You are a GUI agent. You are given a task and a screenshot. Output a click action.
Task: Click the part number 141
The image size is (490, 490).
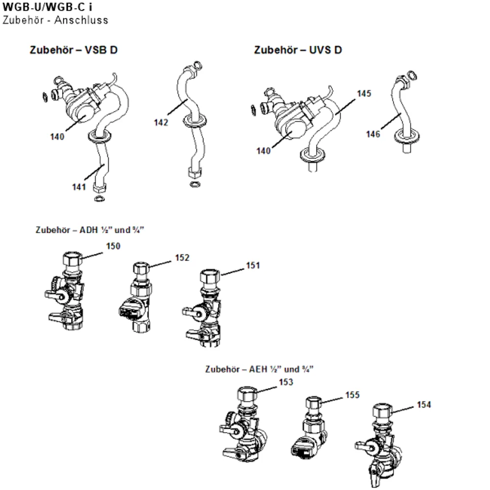pos(79,187)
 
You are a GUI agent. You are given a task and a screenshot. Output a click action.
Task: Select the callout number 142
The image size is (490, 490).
pos(161,122)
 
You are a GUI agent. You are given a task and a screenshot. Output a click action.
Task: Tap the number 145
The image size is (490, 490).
pos(364,94)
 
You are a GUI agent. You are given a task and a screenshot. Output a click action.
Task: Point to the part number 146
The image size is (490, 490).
pos(373,134)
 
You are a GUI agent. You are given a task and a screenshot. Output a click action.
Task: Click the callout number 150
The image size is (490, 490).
pos(113,246)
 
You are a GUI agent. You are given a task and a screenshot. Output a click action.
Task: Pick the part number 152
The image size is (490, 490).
pos(182,258)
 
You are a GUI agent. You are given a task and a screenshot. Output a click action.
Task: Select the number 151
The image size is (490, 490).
pos(253,266)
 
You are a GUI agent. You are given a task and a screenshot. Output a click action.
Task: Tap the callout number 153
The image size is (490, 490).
pos(286,382)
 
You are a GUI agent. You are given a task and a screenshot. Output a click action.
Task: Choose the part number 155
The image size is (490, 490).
pos(352,395)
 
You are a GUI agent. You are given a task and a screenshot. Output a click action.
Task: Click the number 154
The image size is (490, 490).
pos(424,405)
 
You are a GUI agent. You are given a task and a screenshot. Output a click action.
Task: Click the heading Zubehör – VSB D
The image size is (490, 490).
pos(74,50)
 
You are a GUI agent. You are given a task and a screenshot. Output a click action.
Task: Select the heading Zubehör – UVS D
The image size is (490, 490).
pos(298,50)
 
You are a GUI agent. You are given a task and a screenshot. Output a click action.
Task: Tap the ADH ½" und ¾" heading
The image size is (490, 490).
pos(90,230)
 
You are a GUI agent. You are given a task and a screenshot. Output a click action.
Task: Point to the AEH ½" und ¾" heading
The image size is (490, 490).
pos(259,369)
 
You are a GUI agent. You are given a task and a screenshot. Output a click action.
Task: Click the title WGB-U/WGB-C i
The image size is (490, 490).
pos(48,7)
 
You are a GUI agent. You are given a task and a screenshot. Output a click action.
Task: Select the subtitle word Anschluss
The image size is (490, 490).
pos(81,20)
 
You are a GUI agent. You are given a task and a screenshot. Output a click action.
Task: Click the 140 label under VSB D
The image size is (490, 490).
pos(57,137)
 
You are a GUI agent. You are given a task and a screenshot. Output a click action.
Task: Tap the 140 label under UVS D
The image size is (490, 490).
pos(264,151)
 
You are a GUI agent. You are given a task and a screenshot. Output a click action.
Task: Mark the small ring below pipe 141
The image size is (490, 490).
pos(99,198)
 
